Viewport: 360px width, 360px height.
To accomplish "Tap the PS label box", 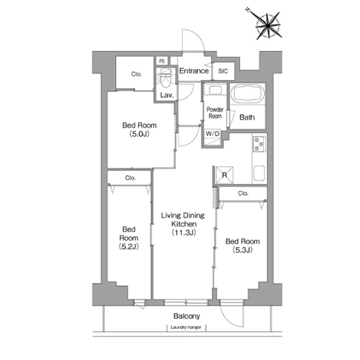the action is [162, 61].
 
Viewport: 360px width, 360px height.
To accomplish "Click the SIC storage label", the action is [223, 71].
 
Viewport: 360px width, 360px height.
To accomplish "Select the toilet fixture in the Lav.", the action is [165, 77].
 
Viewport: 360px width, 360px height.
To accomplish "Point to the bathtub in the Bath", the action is [248, 94].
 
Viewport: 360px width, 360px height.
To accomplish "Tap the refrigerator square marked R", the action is [225, 175].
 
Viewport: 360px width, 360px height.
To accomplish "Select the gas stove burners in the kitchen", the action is [259, 144].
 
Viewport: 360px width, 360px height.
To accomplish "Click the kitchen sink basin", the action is [259, 174].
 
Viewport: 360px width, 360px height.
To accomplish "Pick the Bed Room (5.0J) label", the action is [140, 130].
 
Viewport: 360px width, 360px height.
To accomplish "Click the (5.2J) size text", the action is [129, 246].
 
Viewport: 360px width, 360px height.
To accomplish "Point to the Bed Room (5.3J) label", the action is [243, 246].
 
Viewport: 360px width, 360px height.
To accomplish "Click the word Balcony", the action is [186, 316].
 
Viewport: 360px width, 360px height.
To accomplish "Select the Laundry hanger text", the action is [186, 328].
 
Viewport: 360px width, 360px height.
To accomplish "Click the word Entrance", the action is [194, 71].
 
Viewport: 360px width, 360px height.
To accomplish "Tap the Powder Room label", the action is [215, 112].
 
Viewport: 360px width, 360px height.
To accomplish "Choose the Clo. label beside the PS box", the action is [136, 74].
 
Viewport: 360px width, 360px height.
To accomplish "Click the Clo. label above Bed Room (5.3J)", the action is [243, 193].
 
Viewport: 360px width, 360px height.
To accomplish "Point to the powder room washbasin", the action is [215, 90].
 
